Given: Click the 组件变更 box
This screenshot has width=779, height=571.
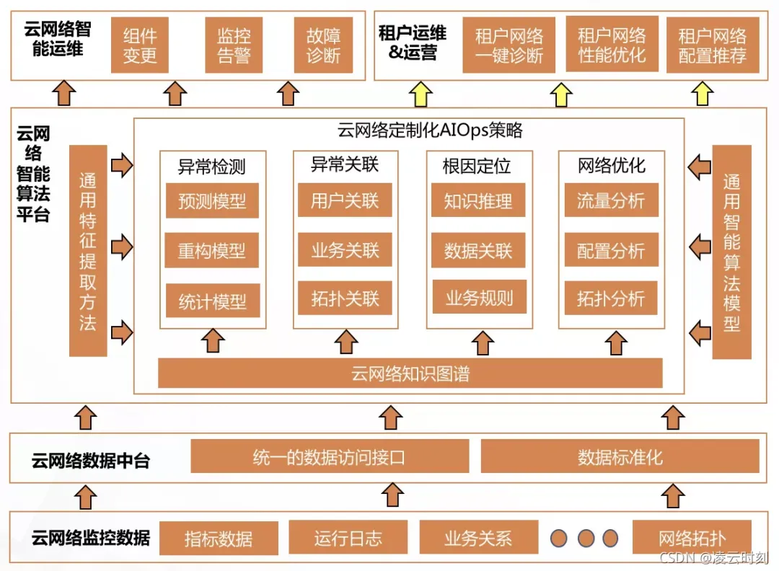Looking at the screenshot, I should [x=140, y=45].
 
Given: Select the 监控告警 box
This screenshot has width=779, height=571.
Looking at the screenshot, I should [x=234, y=45].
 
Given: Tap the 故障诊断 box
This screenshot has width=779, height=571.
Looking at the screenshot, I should [x=323, y=45].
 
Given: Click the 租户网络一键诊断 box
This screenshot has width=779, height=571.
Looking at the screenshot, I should [x=509, y=45].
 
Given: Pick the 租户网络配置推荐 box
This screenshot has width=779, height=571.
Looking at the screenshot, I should [x=712, y=45].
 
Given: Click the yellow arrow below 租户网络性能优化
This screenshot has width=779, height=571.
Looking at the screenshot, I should [x=561, y=94].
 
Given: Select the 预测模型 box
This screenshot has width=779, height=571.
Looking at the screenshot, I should [x=212, y=201].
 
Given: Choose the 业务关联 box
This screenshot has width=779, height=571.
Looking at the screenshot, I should [x=345, y=250].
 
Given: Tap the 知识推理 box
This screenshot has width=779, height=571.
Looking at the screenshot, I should [x=478, y=201].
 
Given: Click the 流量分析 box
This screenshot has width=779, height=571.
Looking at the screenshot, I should [x=610, y=201].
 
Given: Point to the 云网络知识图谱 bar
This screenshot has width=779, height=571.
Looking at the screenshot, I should [x=410, y=373].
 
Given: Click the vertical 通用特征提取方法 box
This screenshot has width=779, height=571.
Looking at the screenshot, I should [x=88, y=250].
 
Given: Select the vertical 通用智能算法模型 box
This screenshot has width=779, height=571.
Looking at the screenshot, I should [x=731, y=252].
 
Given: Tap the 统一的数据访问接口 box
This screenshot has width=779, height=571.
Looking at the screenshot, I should [x=329, y=457].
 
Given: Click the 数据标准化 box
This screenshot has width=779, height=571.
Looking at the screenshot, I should [x=620, y=457].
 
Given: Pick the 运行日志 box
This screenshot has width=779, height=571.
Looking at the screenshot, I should [x=348, y=538].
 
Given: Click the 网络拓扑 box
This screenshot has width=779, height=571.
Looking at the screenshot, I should [x=692, y=538].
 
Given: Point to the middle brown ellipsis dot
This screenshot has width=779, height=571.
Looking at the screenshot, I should [x=586, y=538].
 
